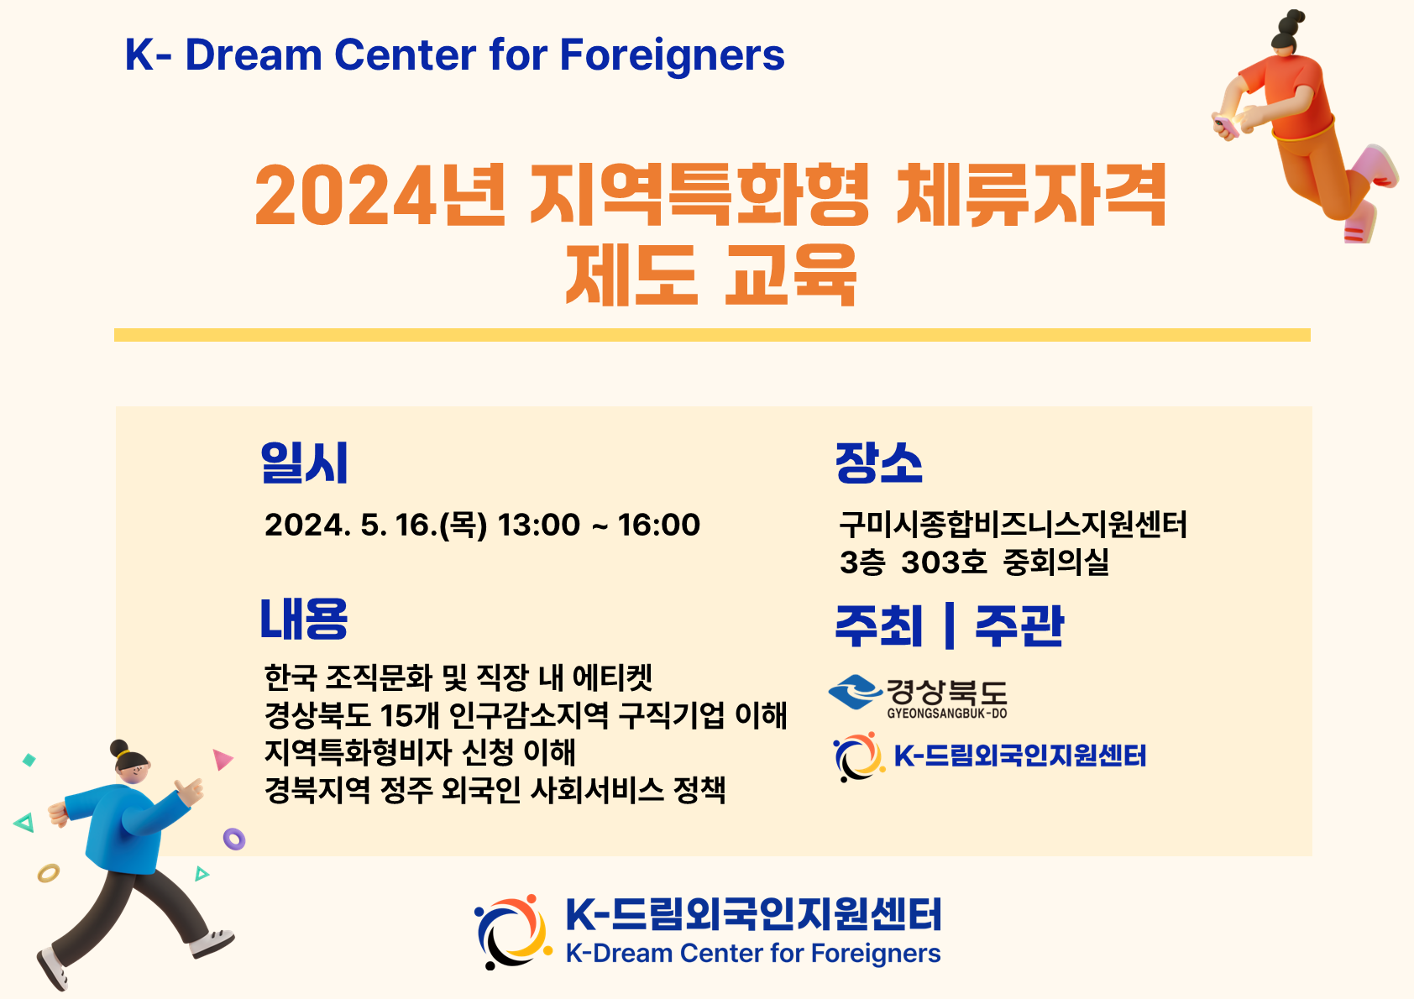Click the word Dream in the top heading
(254, 55)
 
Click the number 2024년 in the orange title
(380, 195)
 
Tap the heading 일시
(304, 463)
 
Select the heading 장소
(878, 463)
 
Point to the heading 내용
(304, 619)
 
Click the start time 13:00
(538, 525)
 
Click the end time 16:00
(659, 525)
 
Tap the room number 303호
(944, 562)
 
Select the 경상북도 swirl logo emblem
(856, 692)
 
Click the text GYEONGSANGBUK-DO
(947, 714)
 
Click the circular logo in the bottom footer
(512, 932)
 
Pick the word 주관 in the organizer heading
(1019, 626)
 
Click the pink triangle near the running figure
(222, 759)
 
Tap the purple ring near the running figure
(234, 839)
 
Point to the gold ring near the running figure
(49, 873)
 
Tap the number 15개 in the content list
(410, 715)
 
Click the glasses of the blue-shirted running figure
(138, 771)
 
